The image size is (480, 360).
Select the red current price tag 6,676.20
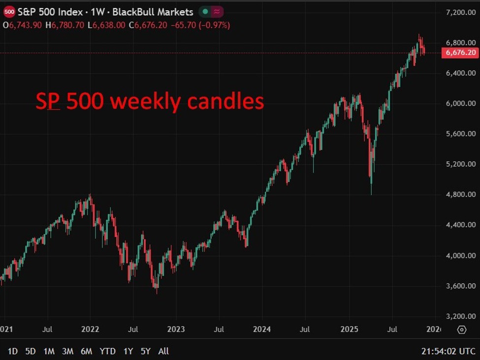[x=460, y=53]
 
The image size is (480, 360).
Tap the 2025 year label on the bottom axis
[x=349, y=329]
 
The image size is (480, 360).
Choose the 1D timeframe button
[x=13, y=351]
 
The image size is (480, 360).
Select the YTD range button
[x=107, y=351]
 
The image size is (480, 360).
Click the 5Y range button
[x=145, y=351]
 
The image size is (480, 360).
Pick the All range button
[x=163, y=351]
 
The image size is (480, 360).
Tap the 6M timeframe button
[x=86, y=351]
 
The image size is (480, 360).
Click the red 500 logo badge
[x=9, y=12]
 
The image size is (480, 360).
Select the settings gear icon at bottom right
[x=461, y=330]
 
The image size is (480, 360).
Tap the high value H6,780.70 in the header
[x=65, y=25]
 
